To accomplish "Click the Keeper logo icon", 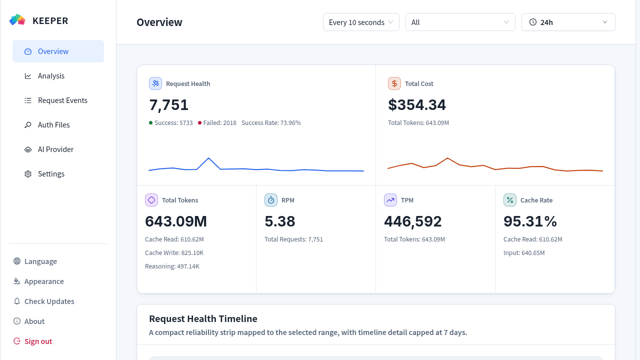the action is point(17,20).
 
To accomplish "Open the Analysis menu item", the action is point(51,75).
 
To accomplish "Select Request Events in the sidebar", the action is point(62,100).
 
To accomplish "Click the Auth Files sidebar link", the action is point(53,125).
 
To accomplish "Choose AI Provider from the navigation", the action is point(55,149).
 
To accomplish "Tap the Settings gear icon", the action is point(27,174).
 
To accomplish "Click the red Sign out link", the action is point(38,341).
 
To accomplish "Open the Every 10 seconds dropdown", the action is point(361,22).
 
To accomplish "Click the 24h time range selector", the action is point(568,22).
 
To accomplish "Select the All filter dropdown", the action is point(460,22).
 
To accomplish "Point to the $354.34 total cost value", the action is point(417,104).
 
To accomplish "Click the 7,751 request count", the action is point(168,105).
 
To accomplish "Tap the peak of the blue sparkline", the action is point(208,158).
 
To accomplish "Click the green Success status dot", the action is point(150,123).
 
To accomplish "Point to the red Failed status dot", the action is point(199,123).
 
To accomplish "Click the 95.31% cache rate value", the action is point(530,221).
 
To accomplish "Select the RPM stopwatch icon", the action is point(271,200).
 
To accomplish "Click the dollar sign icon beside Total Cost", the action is point(394,83).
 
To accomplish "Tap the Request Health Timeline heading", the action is point(203,318).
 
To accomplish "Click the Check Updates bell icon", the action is point(17,301).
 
